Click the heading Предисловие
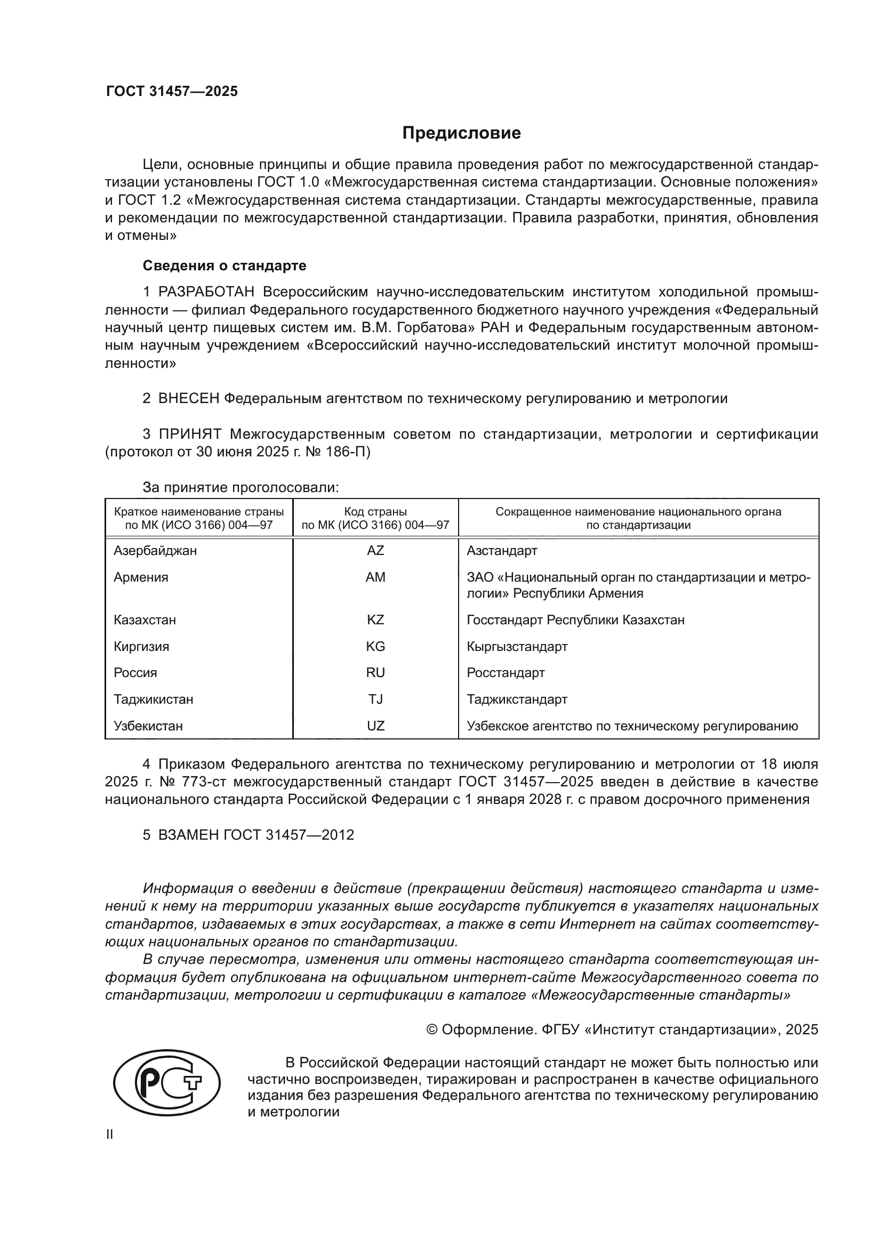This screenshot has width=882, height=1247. coord(461,133)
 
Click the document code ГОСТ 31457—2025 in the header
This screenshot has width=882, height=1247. coord(172,91)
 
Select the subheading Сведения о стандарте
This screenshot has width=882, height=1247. coord(224,266)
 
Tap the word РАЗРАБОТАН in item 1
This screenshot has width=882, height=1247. coord(206,292)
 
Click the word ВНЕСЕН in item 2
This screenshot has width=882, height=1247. coord(188,399)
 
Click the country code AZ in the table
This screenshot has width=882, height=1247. coord(375,551)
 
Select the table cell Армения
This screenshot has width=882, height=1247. coord(141,577)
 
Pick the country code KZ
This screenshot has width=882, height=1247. coord(375,620)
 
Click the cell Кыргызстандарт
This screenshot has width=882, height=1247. coord(517,646)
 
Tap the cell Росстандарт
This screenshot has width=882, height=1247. coord(506,672)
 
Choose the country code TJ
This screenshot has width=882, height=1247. coord(375,699)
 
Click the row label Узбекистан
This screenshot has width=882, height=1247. coord(148,726)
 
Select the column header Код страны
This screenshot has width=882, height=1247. coord(375,512)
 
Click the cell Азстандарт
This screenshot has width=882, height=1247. coord(502,551)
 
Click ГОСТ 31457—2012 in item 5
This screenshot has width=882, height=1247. coord(288,835)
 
